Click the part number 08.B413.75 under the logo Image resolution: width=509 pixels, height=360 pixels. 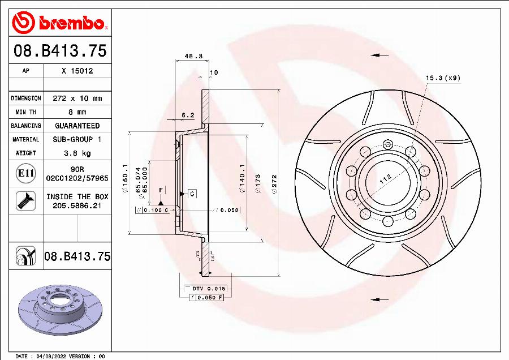pos(60,52)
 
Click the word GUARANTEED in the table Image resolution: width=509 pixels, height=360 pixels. pos(77,126)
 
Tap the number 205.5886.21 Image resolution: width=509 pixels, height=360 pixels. pos(77,207)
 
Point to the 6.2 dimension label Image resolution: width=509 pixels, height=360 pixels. pos(187,115)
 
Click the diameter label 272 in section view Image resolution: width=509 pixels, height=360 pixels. pos(274,184)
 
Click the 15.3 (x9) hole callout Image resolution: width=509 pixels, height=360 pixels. pos(443,78)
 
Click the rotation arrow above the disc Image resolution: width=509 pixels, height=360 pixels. pos(379,55)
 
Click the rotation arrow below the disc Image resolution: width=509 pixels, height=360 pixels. pos(379,299)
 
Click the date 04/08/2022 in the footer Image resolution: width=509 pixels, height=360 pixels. pos(51,357)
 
